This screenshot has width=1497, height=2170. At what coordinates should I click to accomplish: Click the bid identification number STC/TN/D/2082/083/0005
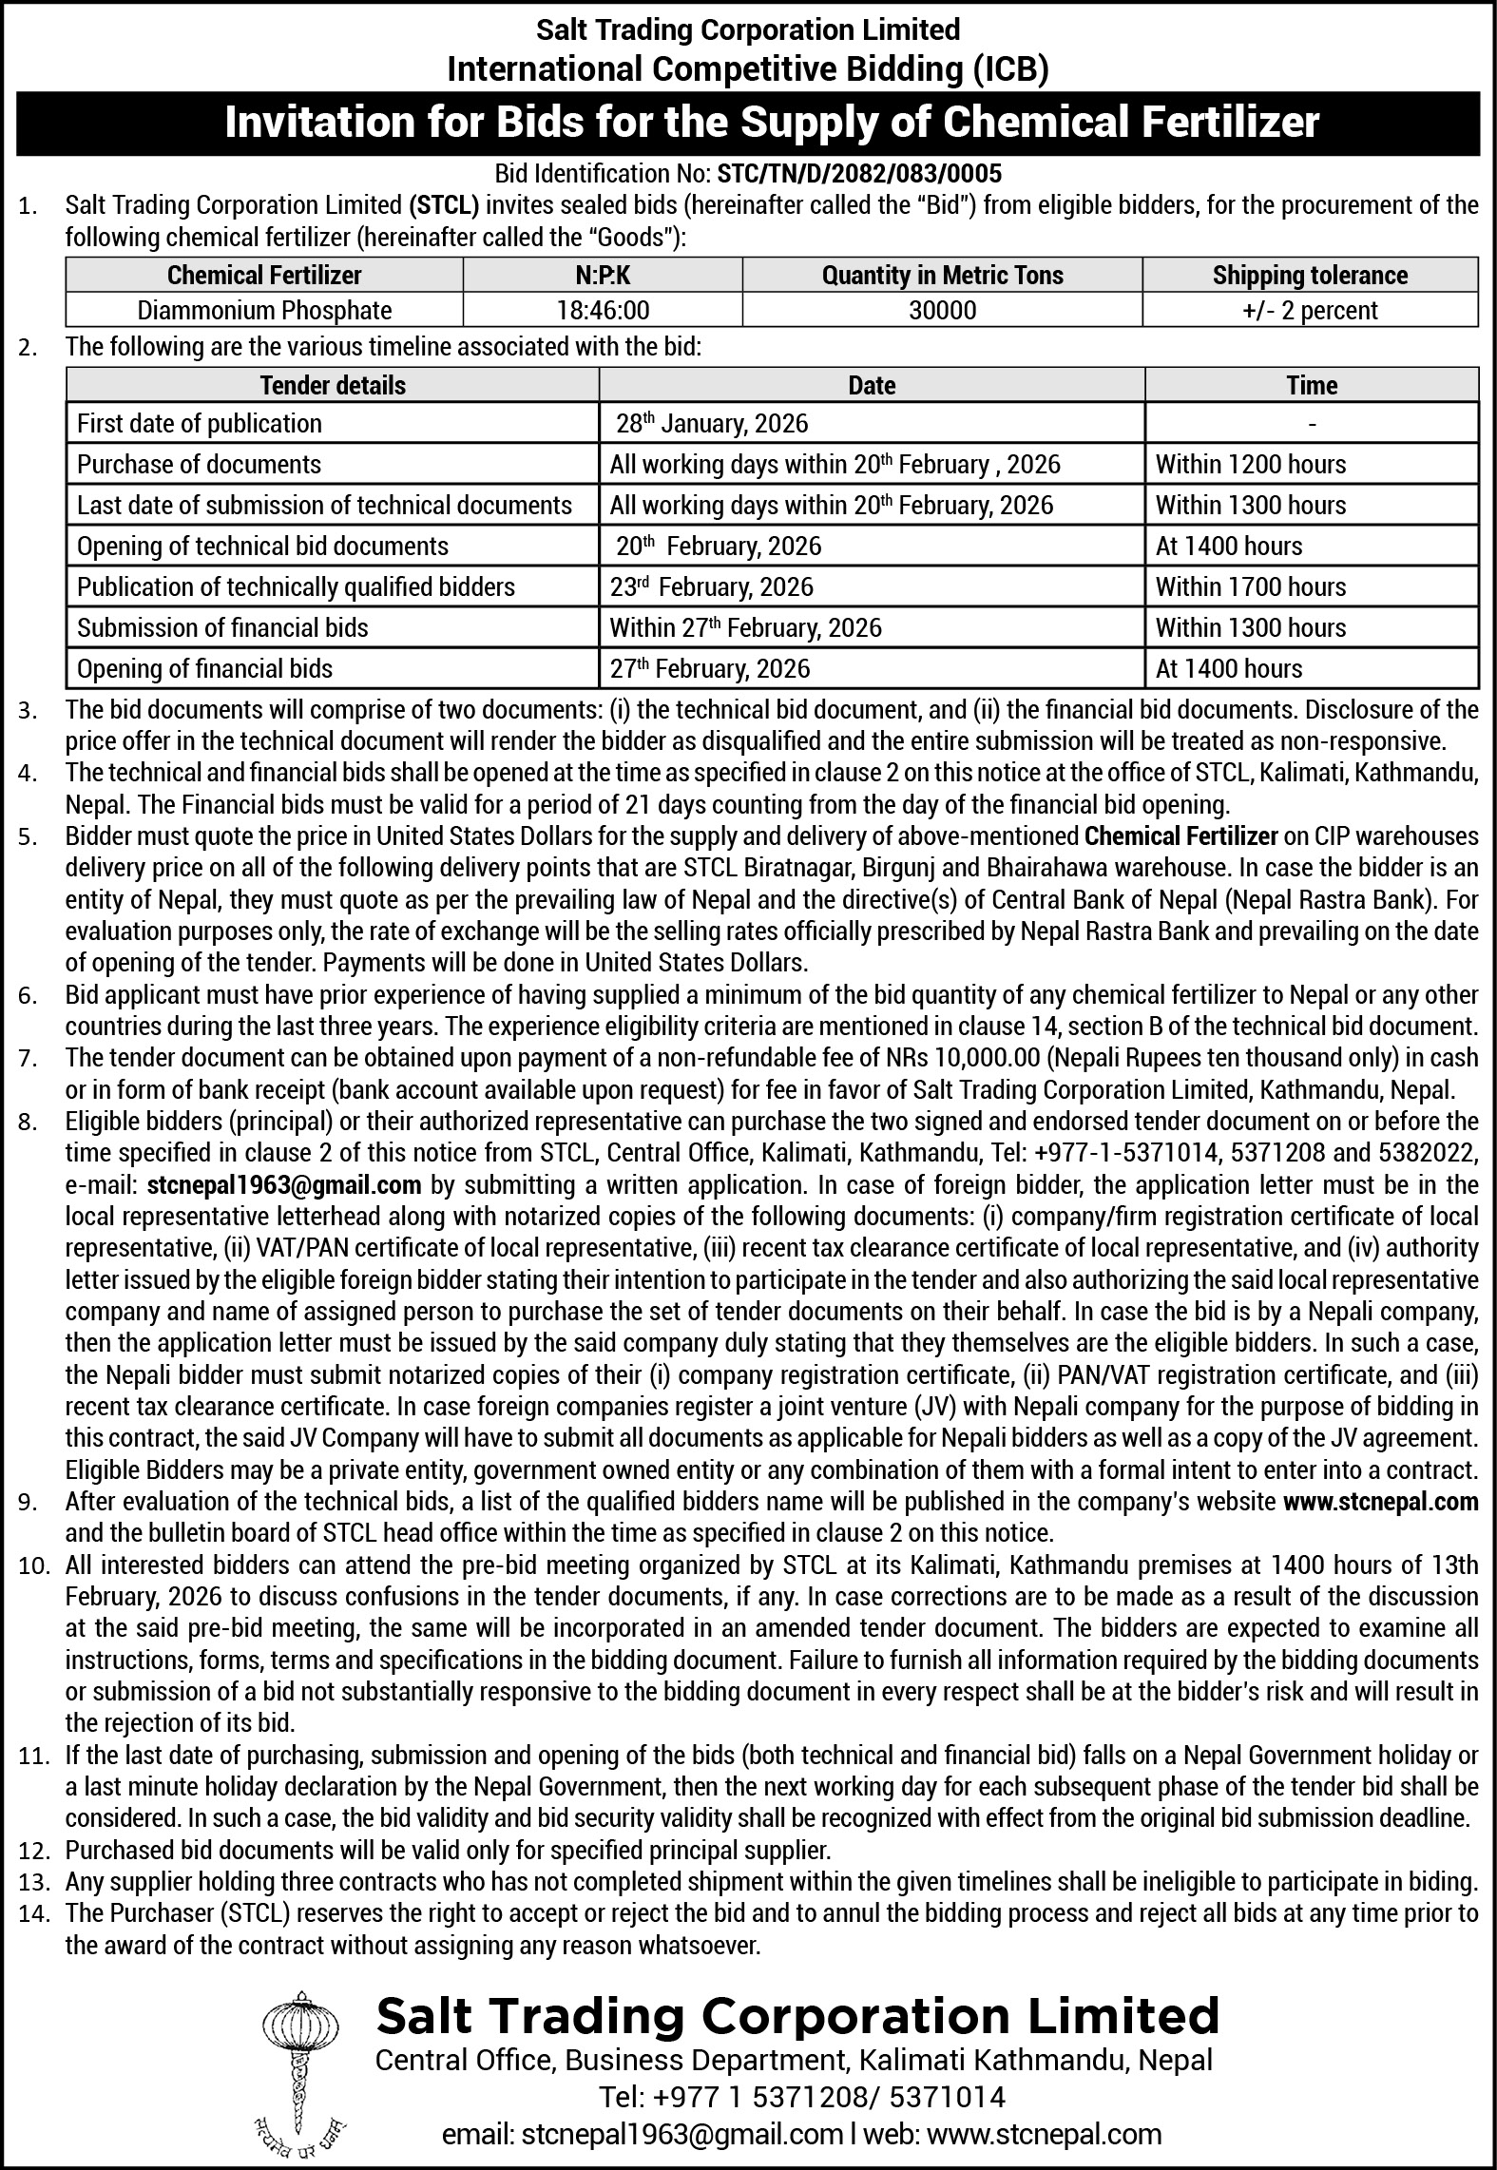[859, 174]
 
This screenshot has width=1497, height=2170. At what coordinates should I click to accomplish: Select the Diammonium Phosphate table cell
[264, 310]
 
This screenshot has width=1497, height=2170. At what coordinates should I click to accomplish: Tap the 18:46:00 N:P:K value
[602, 310]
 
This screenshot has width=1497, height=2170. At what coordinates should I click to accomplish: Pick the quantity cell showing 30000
[942, 310]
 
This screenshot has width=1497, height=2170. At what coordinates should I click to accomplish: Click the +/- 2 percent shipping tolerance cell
[1310, 310]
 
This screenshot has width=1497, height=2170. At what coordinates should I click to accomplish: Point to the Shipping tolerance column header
[1310, 276]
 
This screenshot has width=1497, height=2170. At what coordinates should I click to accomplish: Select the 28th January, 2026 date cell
[712, 424]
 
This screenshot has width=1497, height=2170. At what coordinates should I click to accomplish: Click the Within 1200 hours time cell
[1251, 465]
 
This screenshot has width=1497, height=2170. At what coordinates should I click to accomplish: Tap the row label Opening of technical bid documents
[262, 547]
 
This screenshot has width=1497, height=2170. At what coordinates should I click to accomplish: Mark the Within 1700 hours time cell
[1251, 587]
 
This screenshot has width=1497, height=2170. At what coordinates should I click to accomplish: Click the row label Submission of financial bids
[222, 628]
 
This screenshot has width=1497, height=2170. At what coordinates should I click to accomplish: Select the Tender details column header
[333, 386]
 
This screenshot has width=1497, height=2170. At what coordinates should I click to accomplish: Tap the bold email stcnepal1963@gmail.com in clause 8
[284, 1185]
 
